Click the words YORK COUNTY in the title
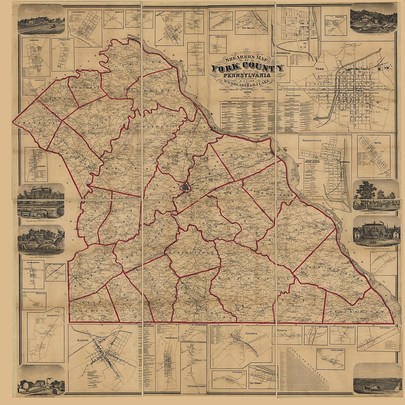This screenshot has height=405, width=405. click(x=247, y=68)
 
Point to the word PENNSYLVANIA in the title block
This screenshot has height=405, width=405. click(x=247, y=76)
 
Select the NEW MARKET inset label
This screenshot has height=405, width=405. click(x=257, y=384)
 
